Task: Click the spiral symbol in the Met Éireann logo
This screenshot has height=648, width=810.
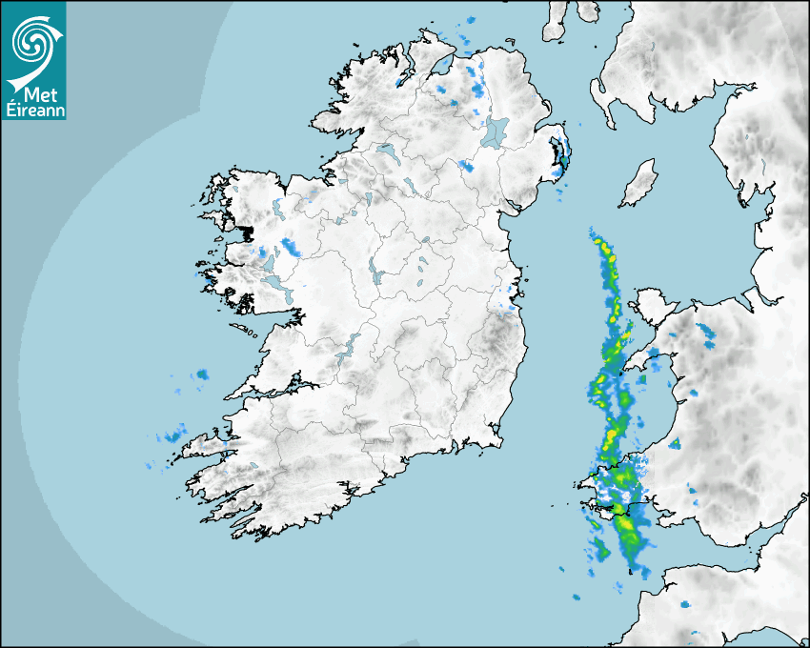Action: (x=30, y=41)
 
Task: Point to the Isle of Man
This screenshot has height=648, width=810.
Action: (x=638, y=184)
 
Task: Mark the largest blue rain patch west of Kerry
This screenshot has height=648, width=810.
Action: (x=172, y=436)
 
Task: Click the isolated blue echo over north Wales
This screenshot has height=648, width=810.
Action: (x=706, y=333)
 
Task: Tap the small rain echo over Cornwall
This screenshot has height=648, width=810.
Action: (x=685, y=604)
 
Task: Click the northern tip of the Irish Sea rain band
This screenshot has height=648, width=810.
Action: (x=593, y=232)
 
